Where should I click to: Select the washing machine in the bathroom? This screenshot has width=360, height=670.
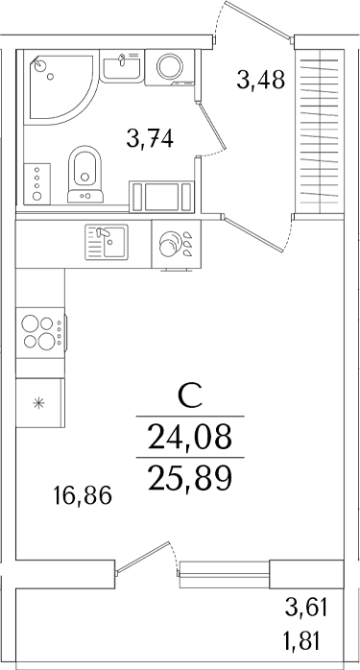point(170,67)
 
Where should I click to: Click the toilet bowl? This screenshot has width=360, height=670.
point(85,175)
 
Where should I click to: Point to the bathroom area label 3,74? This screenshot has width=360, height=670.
point(150,139)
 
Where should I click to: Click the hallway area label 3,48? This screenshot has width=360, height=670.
point(261,80)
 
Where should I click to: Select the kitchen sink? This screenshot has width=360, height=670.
point(107,242)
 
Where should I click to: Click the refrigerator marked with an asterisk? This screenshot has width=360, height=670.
point(39,403)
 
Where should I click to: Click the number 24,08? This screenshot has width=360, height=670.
point(190,438)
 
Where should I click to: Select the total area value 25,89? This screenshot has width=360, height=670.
point(190,478)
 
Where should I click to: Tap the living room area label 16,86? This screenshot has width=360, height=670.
point(83,496)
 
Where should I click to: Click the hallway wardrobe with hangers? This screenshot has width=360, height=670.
point(320,131)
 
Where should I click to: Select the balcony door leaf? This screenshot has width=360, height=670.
point(144,557)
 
